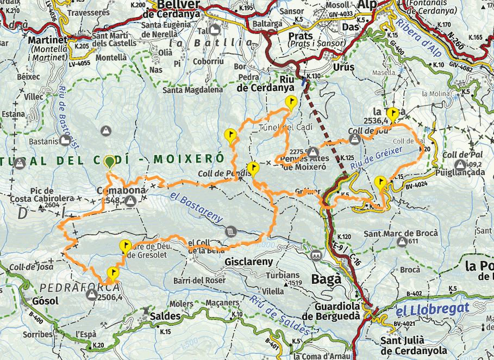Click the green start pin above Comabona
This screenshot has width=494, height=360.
[110, 162]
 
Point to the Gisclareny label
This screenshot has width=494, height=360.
[248, 262]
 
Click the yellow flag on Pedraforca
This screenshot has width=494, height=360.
[114, 272]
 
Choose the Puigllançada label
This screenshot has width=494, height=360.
[460, 173]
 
